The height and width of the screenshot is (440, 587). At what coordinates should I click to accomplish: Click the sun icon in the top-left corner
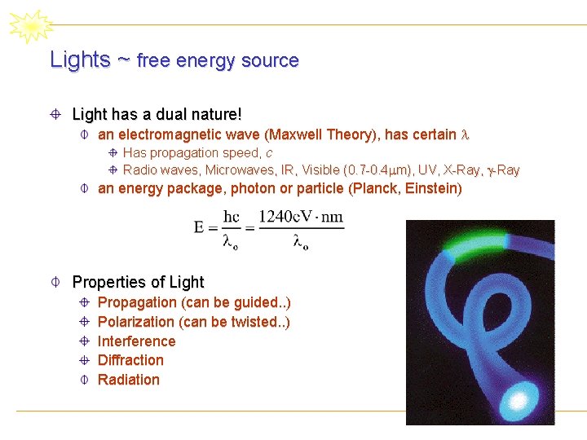tap(30, 27)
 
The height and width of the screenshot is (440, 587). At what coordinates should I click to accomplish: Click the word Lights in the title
tap(80, 59)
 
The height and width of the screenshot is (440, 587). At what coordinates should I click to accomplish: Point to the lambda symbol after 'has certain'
tap(466, 134)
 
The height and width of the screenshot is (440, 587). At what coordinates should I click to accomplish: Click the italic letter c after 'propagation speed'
tap(269, 152)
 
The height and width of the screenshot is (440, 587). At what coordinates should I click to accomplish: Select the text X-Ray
tap(462, 170)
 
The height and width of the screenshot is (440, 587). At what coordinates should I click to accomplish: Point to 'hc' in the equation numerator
tap(232, 218)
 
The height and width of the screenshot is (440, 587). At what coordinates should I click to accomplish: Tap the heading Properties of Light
tap(138, 282)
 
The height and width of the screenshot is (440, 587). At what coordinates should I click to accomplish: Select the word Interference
tap(136, 341)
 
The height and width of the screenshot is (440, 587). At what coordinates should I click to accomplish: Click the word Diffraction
tap(130, 360)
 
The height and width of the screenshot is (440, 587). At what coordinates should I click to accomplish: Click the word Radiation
tap(129, 380)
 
